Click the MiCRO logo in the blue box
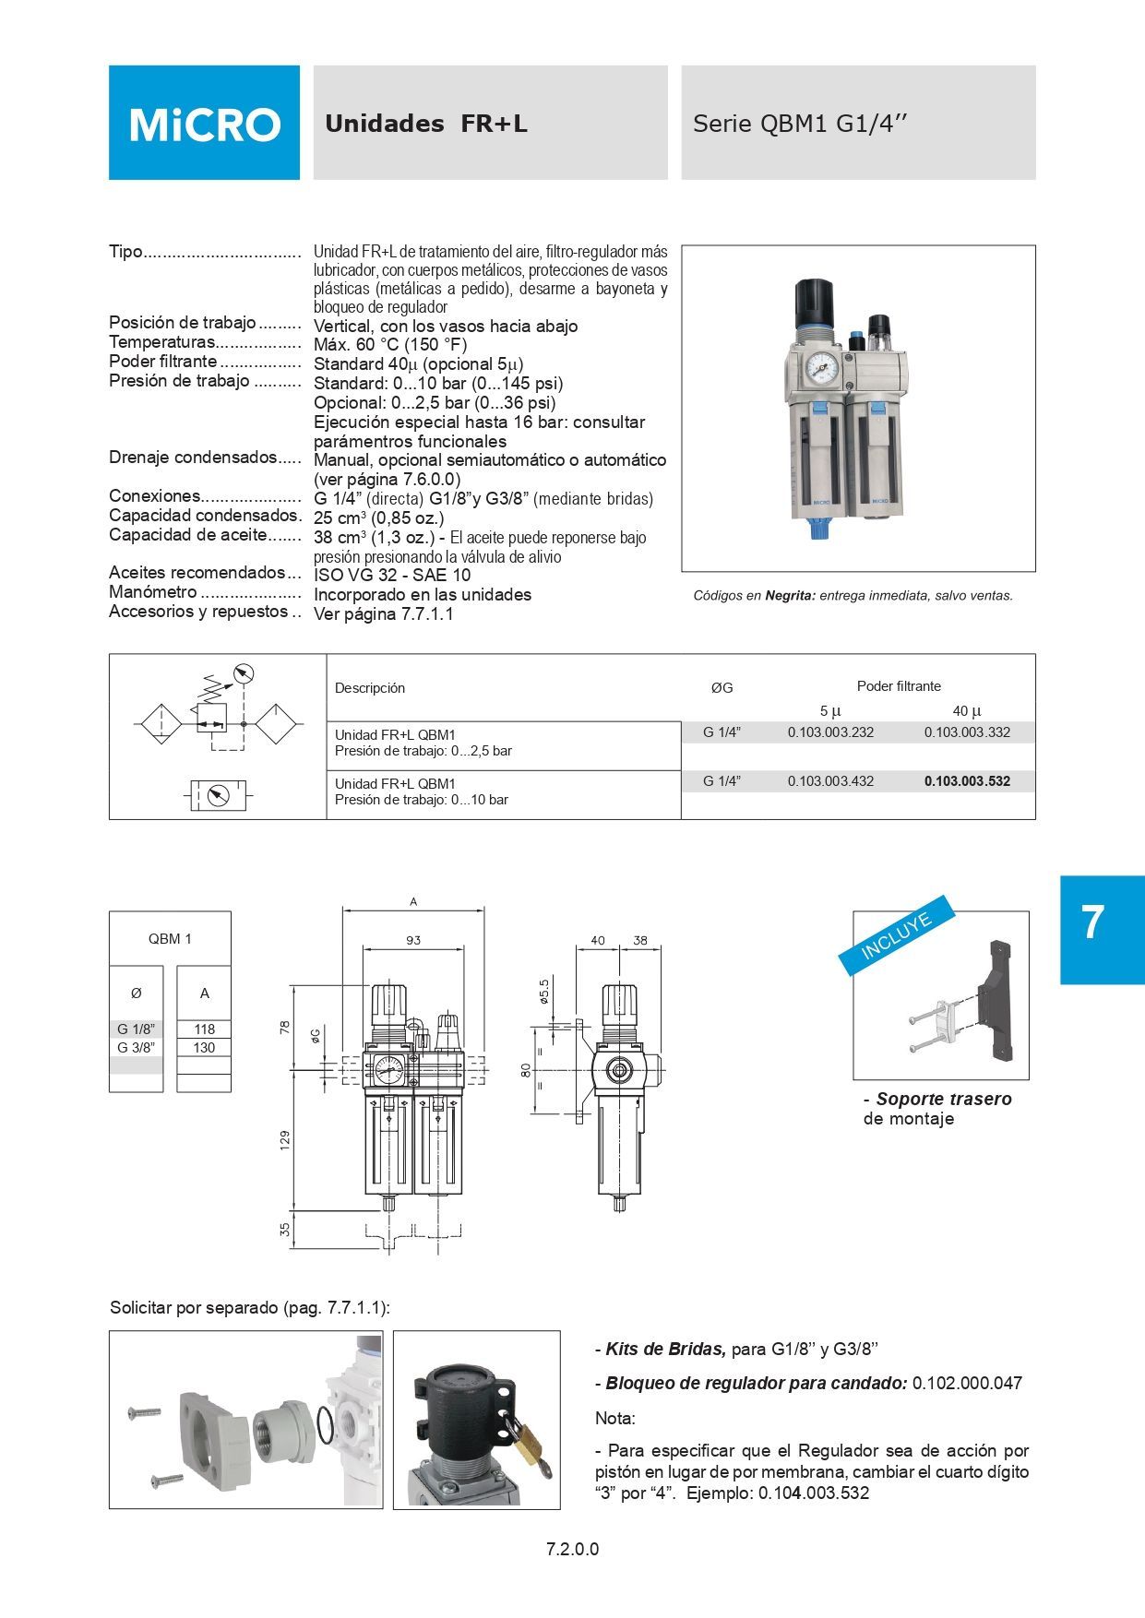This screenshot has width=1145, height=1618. pyautogui.click(x=204, y=124)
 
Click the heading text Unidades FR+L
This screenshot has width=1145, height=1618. pyautogui.click(x=425, y=124)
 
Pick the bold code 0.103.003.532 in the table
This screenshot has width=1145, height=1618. pyautogui.click(x=967, y=781)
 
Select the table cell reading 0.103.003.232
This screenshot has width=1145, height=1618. pyautogui.click(x=830, y=732)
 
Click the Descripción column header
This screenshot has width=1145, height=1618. pyautogui.click(x=369, y=688)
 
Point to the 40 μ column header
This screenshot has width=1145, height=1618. pyautogui.click(x=967, y=711)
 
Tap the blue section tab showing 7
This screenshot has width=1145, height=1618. pyautogui.click(x=1092, y=923)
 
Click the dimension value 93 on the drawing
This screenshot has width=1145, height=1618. pyautogui.click(x=412, y=941)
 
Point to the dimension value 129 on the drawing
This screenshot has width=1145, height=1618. pyautogui.click(x=285, y=1140)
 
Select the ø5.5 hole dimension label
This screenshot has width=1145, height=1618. pyautogui.click(x=544, y=992)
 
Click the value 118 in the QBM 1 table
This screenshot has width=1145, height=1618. pyautogui.click(x=204, y=1029)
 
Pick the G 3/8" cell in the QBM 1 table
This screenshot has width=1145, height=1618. pyautogui.click(x=136, y=1048)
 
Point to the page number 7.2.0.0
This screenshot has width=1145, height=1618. pyautogui.click(x=572, y=1549)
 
